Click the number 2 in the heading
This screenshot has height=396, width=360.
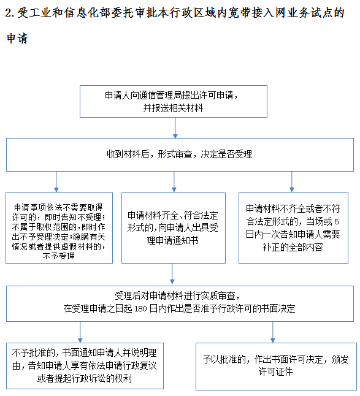[9, 13]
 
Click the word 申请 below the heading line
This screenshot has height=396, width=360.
[17, 39]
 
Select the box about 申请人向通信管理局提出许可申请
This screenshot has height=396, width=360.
[174, 101]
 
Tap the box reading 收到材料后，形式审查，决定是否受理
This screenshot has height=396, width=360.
[180, 154]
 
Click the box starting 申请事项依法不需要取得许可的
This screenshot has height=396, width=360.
[59, 228]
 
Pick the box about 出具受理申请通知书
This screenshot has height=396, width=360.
[174, 228]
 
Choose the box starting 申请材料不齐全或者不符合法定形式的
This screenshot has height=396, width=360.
[293, 228]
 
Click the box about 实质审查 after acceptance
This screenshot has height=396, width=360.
[180, 303]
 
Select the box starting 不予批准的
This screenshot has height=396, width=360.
[85, 366]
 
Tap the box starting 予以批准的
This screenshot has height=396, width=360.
[276, 366]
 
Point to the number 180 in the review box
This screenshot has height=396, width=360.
[140, 308]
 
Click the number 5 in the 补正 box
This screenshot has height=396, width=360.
[337, 222]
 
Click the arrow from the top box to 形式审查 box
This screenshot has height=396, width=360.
[175, 128]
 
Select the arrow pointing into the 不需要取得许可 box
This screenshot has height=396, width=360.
[56, 182]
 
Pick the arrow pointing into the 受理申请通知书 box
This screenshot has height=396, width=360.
[174, 182]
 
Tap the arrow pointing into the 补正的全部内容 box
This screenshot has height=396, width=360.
[292, 182]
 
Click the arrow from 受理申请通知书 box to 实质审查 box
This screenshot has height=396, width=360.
[172, 273]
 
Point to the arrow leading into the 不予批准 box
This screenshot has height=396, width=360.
[80, 332]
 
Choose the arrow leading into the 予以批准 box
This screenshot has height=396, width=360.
[273, 332]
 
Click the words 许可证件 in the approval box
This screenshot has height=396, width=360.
[275, 371]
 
